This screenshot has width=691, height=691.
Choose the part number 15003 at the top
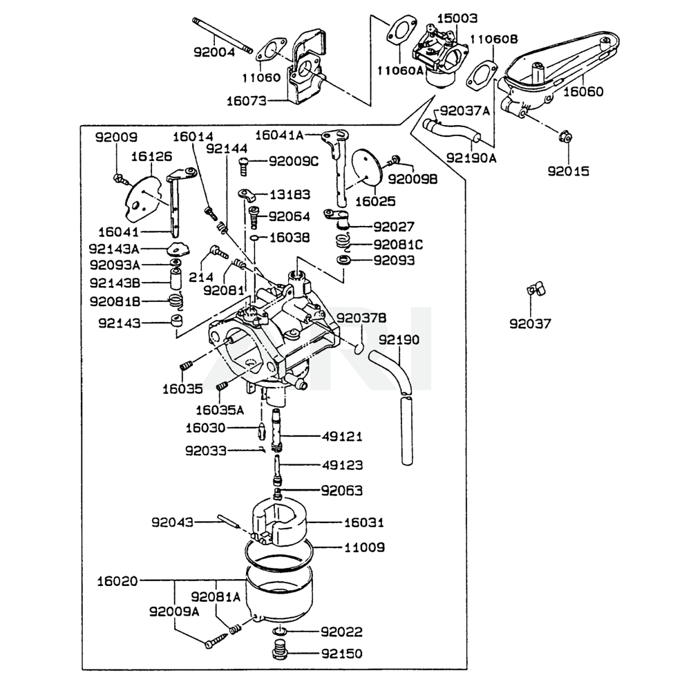click(457, 18)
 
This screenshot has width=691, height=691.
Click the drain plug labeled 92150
click(280, 652)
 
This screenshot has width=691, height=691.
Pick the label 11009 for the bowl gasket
click(364, 547)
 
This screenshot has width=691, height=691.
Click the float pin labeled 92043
click(227, 520)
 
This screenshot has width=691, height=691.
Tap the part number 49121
click(341, 437)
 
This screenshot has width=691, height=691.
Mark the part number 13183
click(290, 195)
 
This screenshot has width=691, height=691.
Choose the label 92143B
click(115, 282)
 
